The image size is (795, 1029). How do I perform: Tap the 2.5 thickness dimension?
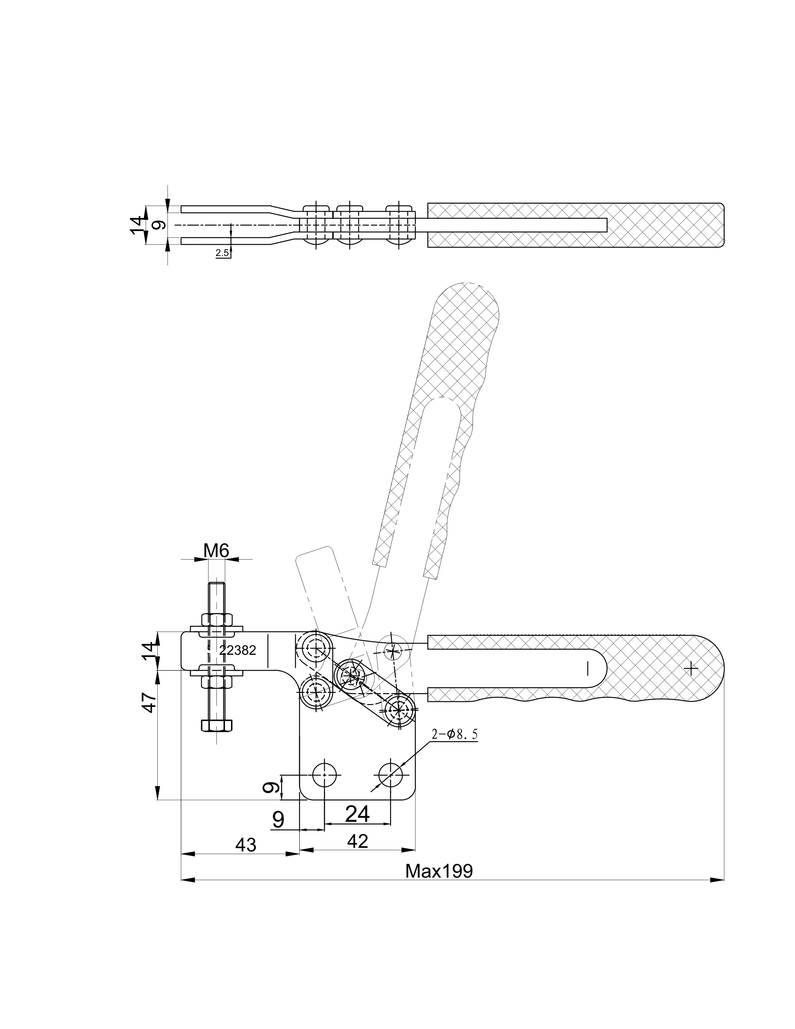pos(222,253)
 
